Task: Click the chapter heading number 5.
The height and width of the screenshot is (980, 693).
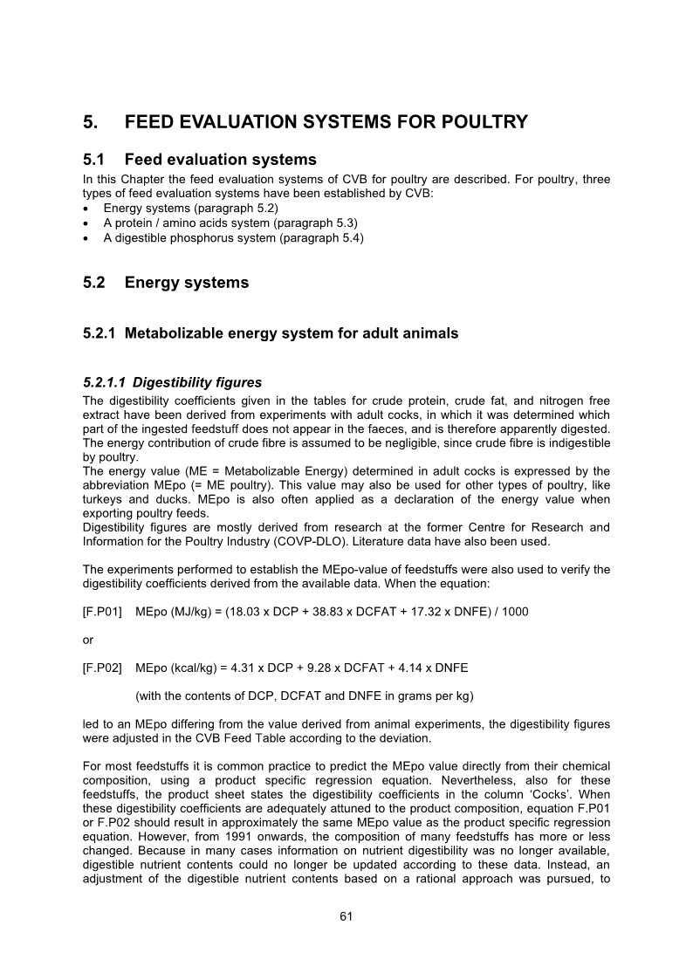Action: tap(89, 122)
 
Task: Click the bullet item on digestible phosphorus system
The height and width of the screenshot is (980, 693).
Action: tap(233, 237)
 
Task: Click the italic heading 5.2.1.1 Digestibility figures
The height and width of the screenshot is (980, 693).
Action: tap(172, 382)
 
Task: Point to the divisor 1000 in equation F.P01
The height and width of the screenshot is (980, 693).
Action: tap(514, 612)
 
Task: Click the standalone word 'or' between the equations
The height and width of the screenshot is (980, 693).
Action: tap(87, 640)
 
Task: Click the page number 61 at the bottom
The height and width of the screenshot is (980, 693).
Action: tap(346, 916)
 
